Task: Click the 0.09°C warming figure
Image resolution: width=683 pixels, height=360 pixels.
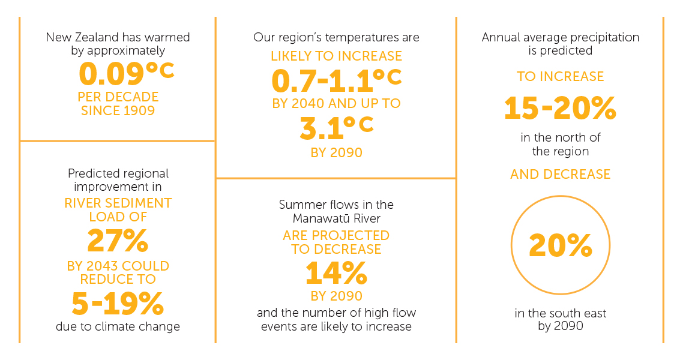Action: pos(126,74)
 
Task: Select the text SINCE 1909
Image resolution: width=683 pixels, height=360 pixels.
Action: pos(118,110)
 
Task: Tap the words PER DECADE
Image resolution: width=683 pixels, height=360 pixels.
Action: pos(118,97)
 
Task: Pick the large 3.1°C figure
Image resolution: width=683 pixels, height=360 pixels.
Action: pos(336,127)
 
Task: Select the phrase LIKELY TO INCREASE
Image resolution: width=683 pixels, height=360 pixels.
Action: pos(336,56)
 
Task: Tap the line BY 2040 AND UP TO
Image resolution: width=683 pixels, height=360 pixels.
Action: pos(336,103)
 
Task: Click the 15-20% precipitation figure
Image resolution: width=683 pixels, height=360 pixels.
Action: pos(560,109)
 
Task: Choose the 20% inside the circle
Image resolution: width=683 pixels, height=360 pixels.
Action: pos(560,246)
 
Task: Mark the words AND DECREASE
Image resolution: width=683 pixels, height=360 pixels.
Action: pos(560,175)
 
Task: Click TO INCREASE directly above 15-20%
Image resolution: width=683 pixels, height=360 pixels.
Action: pos(560,77)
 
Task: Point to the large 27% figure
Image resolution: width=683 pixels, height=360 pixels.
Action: pos(118,241)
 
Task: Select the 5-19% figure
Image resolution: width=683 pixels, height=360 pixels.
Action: pos(118,304)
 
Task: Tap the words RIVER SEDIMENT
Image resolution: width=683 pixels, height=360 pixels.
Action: pos(118,203)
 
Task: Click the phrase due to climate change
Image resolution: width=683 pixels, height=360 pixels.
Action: pos(118,327)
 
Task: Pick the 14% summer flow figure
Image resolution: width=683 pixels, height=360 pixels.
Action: pos(336,273)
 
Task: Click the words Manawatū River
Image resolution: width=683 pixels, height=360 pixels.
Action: pos(336,218)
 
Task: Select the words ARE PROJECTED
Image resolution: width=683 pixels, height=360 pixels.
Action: pos(336,235)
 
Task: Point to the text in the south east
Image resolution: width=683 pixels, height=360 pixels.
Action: pos(560,313)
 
